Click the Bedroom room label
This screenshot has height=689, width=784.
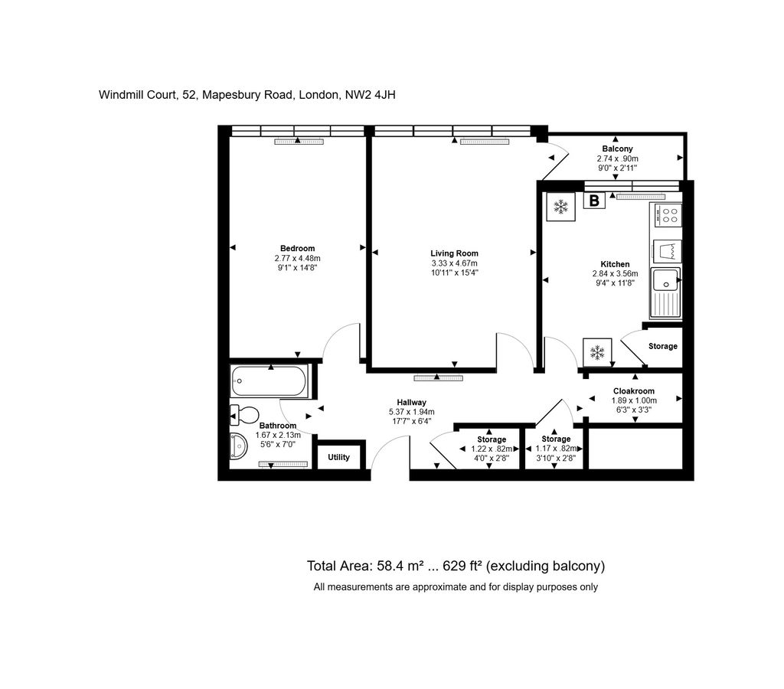click(x=297, y=248)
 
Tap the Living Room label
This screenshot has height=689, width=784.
click(x=454, y=253)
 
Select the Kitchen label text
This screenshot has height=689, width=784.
click(x=615, y=264)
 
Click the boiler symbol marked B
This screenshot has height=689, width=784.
click(x=593, y=201)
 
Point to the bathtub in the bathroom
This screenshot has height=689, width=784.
click(x=269, y=380)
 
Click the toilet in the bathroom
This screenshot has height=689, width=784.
click(x=244, y=416)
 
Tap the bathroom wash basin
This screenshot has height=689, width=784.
click(x=240, y=446)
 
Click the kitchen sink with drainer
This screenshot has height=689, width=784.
click(x=665, y=292)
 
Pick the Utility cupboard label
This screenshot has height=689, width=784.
click(x=338, y=457)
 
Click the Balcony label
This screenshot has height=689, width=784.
click(x=617, y=149)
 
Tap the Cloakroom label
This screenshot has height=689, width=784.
click(x=634, y=390)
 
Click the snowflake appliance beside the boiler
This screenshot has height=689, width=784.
click(x=561, y=207)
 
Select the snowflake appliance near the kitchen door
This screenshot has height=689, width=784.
click(x=596, y=352)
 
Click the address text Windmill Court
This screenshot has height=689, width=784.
click(x=137, y=95)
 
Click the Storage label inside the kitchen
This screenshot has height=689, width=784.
click(x=662, y=346)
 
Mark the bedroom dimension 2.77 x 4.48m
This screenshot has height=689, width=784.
click(x=297, y=258)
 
